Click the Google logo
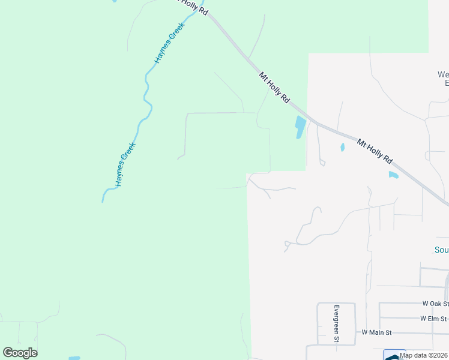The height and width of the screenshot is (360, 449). point(20,352)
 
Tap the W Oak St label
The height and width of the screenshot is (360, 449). point(435,304)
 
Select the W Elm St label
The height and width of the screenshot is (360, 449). point(433,318)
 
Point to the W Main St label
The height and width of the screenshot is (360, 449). point(376,332)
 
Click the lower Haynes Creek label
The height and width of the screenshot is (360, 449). point(127,164)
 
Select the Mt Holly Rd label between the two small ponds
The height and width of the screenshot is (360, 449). point(374,151)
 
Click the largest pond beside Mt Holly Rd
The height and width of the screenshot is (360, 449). point(300,127)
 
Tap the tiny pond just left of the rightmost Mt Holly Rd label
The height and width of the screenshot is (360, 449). point(342,146)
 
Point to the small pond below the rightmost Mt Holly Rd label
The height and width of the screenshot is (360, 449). point(393,175)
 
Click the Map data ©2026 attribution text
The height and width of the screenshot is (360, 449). point(424,355)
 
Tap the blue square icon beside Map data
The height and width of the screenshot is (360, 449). point(394,355)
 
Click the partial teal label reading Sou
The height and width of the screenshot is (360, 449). point(441,250)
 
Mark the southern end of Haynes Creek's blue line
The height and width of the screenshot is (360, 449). point(103,200)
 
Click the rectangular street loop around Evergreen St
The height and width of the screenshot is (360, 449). point(336,324)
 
